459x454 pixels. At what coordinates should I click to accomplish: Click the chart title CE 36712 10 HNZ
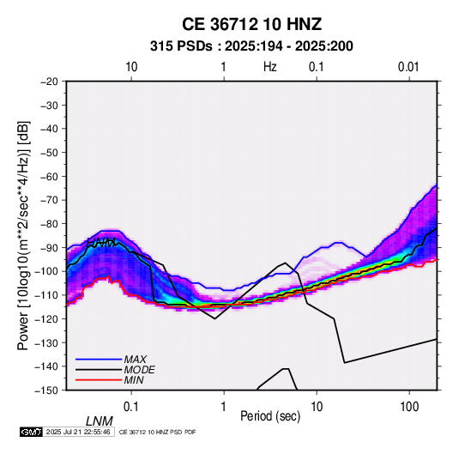click(x=251, y=24)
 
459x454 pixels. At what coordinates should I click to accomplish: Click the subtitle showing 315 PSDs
click(x=251, y=46)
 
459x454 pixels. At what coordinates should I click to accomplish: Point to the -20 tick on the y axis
click(x=49, y=82)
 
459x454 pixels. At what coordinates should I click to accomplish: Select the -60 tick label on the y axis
click(x=49, y=176)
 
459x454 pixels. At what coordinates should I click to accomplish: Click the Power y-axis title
click(x=23, y=235)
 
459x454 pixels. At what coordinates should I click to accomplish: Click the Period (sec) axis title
click(x=270, y=416)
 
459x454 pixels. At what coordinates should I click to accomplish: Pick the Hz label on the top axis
click(x=270, y=67)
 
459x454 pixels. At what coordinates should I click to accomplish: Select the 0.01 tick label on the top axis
click(x=408, y=67)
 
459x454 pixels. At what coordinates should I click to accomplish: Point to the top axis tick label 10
click(x=131, y=67)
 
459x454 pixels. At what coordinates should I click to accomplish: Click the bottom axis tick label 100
click(x=409, y=407)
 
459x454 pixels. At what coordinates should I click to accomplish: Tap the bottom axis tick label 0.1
click(x=131, y=407)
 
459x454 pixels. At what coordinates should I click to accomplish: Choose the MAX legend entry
click(x=112, y=359)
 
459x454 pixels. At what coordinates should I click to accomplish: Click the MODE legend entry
click(x=115, y=370)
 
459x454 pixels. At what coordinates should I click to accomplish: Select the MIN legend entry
click(x=110, y=380)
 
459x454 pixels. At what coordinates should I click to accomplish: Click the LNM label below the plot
click(x=100, y=421)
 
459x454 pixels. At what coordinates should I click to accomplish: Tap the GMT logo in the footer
click(x=31, y=432)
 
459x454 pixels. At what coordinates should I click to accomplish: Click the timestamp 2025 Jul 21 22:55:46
click(x=78, y=432)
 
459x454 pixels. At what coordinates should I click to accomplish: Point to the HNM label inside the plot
click(x=101, y=243)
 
